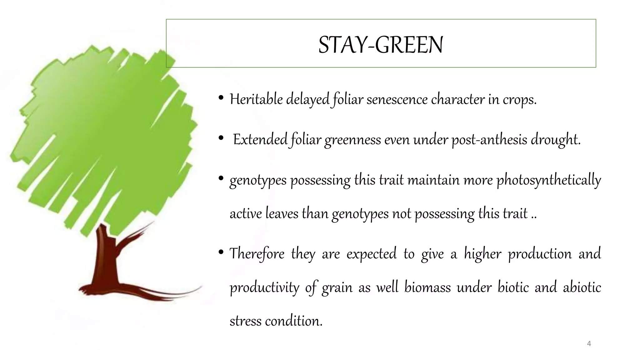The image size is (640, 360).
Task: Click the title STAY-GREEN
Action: click(380, 45)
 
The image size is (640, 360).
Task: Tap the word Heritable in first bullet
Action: click(256, 99)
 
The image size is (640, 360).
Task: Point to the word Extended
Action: click(260, 139)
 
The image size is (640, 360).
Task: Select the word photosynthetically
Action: click(548, 180)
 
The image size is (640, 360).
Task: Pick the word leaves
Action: click(282, 214)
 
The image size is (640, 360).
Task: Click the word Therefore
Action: click(257, 253)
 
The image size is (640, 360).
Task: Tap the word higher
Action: click(482, 253)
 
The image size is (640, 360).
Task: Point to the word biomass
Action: click(427, 287)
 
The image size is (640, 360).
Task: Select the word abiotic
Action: click(582, 287)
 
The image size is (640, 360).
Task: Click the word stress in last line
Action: click(245, 321)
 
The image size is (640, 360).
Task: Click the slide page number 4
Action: click(589, 344)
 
